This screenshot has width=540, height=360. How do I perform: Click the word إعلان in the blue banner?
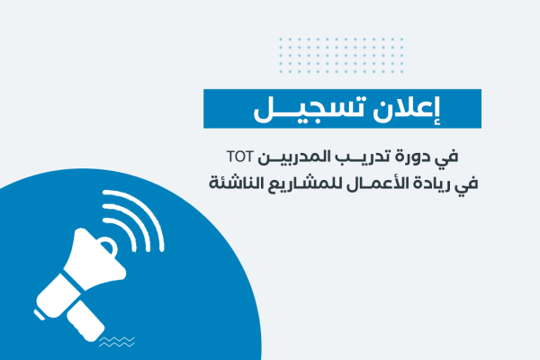[x=407, y=110]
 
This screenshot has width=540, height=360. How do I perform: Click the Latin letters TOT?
[x=240, y=157]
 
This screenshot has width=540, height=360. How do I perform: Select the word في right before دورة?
[x=446, y=157]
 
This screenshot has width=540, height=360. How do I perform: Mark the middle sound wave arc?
[x=136, y=220]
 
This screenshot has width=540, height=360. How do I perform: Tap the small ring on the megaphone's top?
[x=110, y=246]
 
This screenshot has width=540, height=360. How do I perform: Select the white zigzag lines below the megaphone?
[x=117, y=342]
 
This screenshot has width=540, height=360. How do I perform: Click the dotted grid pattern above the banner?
[x=341, y=55]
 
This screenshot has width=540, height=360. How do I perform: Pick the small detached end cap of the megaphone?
[x=40, y=315]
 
